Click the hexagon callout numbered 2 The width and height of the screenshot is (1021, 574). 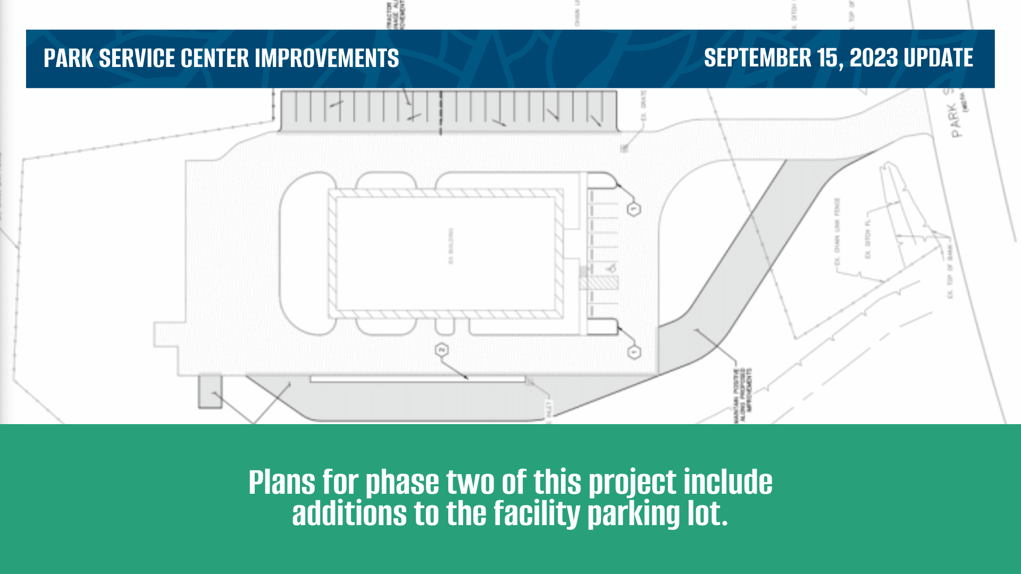click(x=441, y=350)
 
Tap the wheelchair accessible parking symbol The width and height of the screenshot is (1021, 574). click(x=612, y=267)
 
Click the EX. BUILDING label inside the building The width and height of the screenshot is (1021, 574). click(x=451, y=246)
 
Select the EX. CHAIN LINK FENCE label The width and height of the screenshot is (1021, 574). click(x=837, y=232)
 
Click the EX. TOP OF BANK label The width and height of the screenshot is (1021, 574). click(x=950, y=272)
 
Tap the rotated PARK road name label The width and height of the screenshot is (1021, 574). click(x=956, y=120)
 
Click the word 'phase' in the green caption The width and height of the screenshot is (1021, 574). click(x=402, y=483)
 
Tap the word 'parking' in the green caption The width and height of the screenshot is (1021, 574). click(x=633, y=514)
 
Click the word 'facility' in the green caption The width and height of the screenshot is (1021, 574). click(x=537, y=514)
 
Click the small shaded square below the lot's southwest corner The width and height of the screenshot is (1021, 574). click(x=210, y=392)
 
